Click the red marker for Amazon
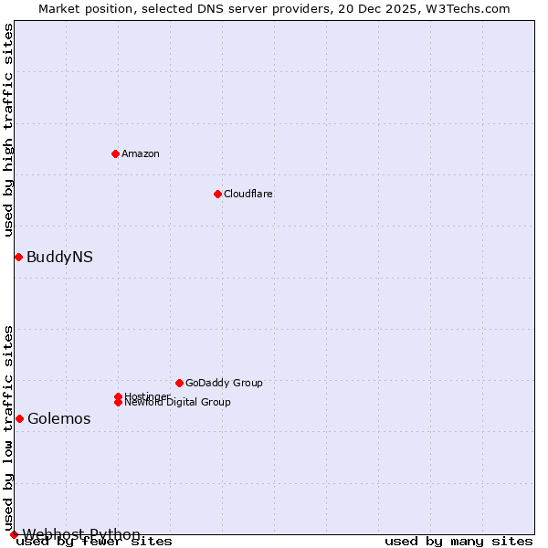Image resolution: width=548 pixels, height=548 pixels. tap(115, 153)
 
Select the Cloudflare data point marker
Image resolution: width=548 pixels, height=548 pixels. tap(217, 194)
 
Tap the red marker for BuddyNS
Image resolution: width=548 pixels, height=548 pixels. tap(18, 257)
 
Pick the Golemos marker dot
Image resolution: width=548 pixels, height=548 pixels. tap(19, 418)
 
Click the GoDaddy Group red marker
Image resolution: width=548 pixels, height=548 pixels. tap(179, 383)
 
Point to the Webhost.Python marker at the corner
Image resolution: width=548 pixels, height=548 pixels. tap(14, 534)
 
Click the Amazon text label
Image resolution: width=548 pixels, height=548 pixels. tap(141, 153)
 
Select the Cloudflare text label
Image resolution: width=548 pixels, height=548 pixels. tap(248, 194)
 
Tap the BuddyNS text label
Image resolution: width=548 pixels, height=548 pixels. tap(59, 258)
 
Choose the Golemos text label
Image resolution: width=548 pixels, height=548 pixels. tap(59, 419)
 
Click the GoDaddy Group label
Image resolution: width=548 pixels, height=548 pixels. tap(224, 383)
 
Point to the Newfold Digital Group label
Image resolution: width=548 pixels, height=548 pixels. tap(177, 403)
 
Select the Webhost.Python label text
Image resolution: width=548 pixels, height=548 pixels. tap(81, 534)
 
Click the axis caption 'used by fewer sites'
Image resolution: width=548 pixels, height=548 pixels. tap(95, 542)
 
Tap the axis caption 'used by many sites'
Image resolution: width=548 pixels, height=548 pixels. tap(458, 542)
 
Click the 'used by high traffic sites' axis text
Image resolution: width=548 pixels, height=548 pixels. tap(9, 130)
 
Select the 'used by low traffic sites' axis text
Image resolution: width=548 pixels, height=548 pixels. tap(9, 427)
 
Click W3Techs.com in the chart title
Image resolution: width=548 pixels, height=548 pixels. tap(471, 9)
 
